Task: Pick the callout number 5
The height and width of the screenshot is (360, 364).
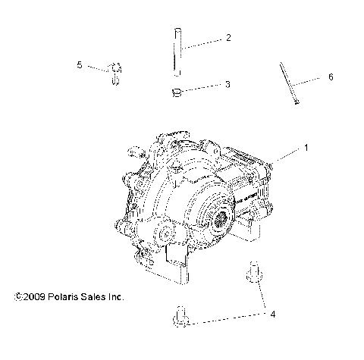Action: tap(80, 64)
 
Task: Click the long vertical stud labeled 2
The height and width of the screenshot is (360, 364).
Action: tap(175, 52)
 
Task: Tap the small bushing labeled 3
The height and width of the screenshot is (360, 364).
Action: tap(175, 92)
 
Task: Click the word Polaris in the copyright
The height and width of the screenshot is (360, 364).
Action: tap(65, 297)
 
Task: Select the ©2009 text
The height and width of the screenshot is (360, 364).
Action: tap(30, 297)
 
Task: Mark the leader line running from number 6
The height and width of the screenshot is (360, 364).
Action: tap(309, 80)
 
